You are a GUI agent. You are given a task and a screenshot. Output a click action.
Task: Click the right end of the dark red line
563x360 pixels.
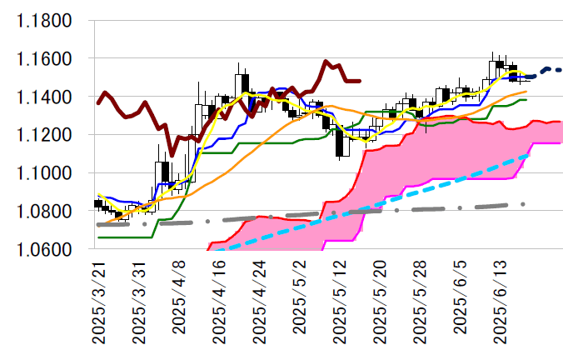pyautogui.click(x=359, y=81)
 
